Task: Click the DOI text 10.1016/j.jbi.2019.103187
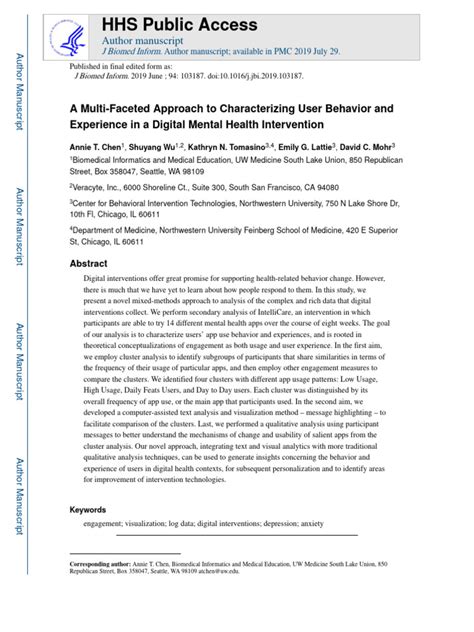click(x=226, y=75)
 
